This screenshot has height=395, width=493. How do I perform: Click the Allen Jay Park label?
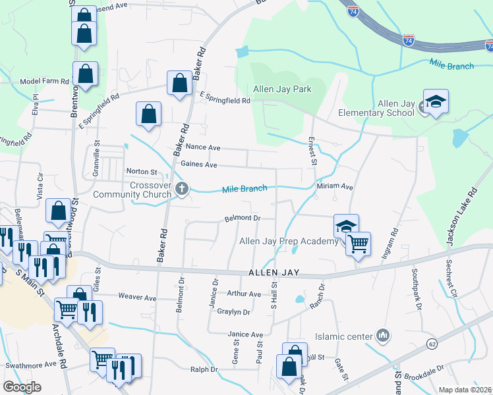(281, 89)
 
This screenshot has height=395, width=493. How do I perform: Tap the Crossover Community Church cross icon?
(182, 190)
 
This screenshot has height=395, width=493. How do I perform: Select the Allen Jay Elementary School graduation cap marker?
(436, 102)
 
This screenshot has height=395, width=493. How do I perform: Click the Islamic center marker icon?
(382, 336)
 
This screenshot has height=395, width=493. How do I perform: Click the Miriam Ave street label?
(335, 187)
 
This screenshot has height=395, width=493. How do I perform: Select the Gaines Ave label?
(198, 164)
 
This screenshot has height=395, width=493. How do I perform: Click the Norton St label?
(141, 172)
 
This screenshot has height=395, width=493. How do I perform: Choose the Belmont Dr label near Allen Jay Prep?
(243, 217)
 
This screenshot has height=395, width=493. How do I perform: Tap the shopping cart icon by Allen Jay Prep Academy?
(358, 244)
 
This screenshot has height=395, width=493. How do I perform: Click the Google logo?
(22, 387)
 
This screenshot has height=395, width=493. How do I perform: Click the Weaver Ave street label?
(137, 298)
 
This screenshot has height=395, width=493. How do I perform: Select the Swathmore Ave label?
(31, 365)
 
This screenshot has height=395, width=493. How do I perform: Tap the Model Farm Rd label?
(44, 81)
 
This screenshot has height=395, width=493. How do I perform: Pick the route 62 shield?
(432, 344)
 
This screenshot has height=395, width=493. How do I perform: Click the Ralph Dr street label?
(204, 370)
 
